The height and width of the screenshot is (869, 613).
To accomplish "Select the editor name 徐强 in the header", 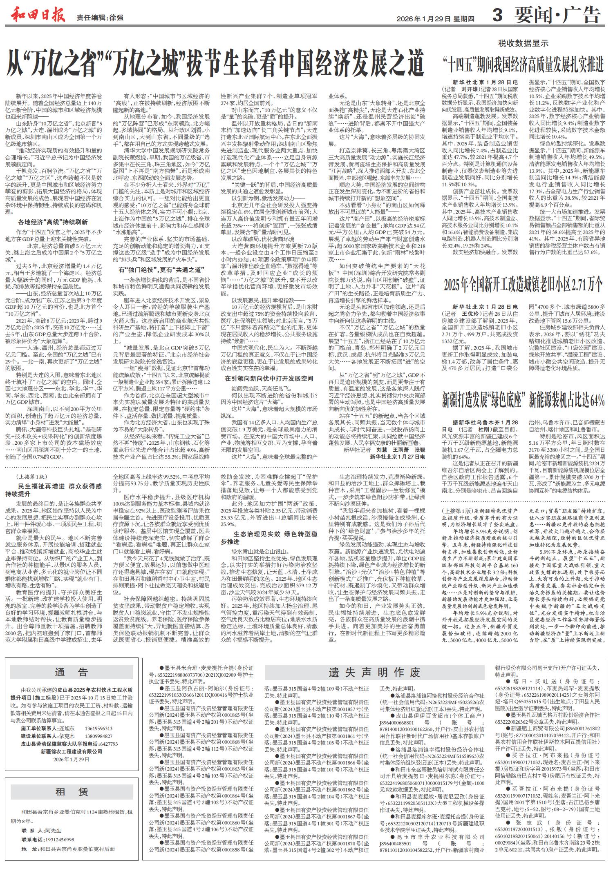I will tap(116, 18).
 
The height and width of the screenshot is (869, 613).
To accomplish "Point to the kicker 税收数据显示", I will tap(523, 44).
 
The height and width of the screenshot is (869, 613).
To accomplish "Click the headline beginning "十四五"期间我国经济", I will tap(524, 64).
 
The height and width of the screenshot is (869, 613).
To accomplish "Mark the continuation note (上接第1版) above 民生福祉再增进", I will tap(33, 477).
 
